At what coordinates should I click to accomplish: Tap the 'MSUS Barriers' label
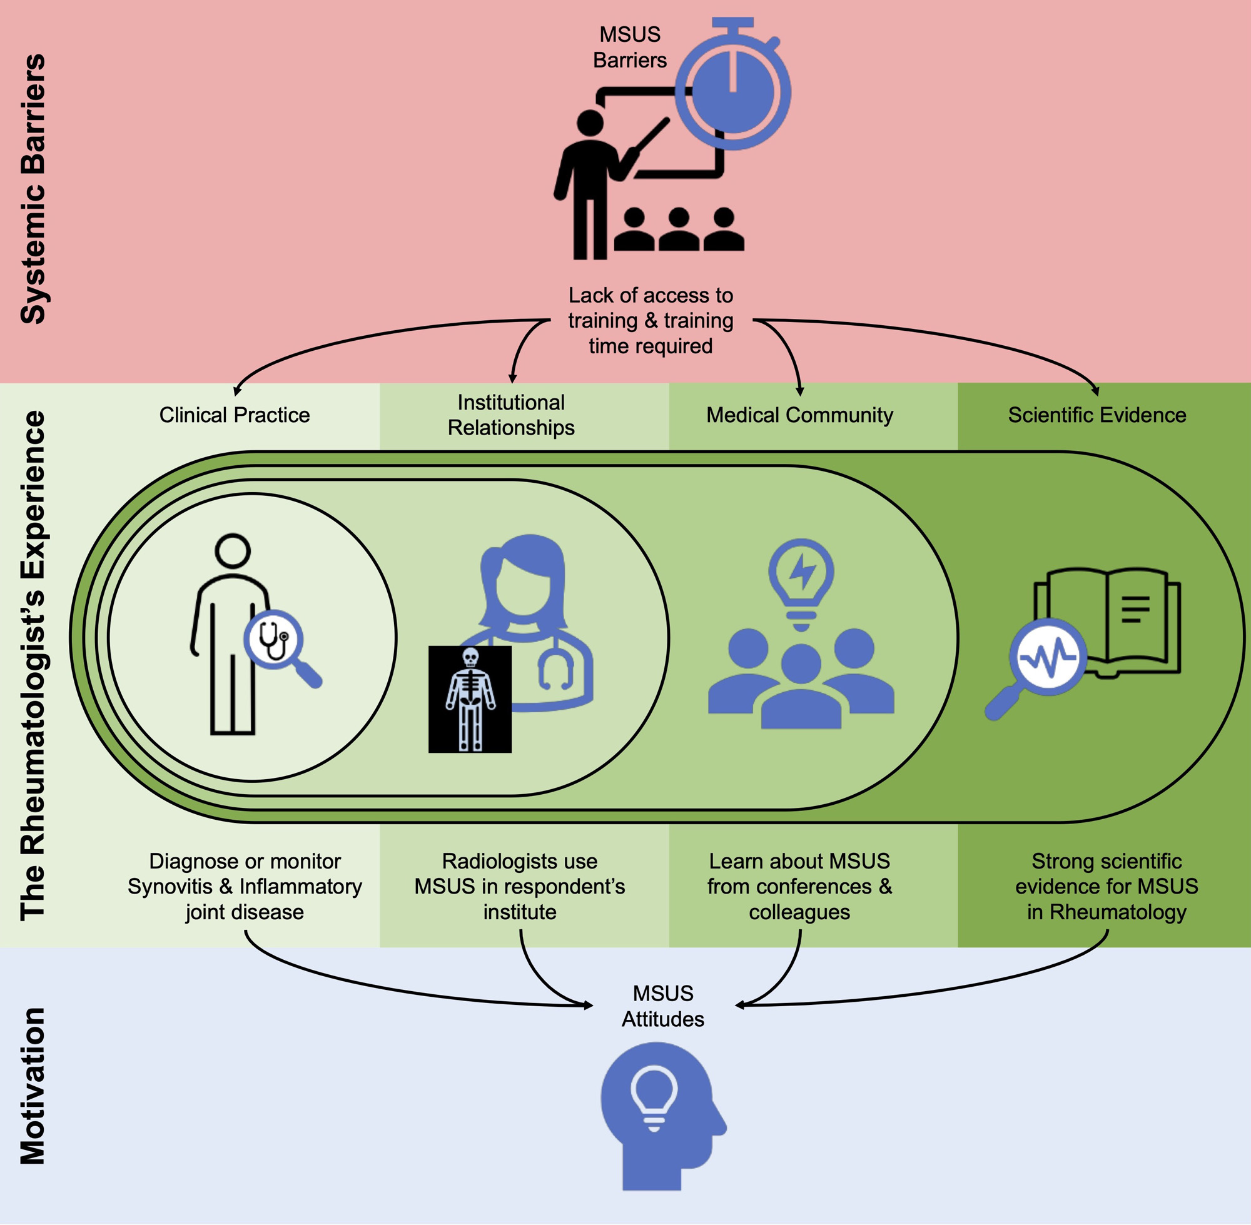tap(629, 47)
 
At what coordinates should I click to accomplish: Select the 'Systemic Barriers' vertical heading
tap(33, 188)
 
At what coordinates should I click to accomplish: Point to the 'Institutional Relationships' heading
tap(511, 415)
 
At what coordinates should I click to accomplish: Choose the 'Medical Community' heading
tap(799, 415)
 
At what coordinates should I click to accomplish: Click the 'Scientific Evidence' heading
tap(1097, 415)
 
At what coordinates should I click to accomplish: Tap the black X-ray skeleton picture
tap(470, 699)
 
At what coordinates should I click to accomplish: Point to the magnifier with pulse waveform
tap(1048, 658)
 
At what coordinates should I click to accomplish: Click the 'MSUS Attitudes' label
tap(663, 1006)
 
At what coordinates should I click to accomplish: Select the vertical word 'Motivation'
tap(33, 1087)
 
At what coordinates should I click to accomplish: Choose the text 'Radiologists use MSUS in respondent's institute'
tap(519, 887)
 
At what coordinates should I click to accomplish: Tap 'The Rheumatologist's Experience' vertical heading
tap(33, 665)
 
